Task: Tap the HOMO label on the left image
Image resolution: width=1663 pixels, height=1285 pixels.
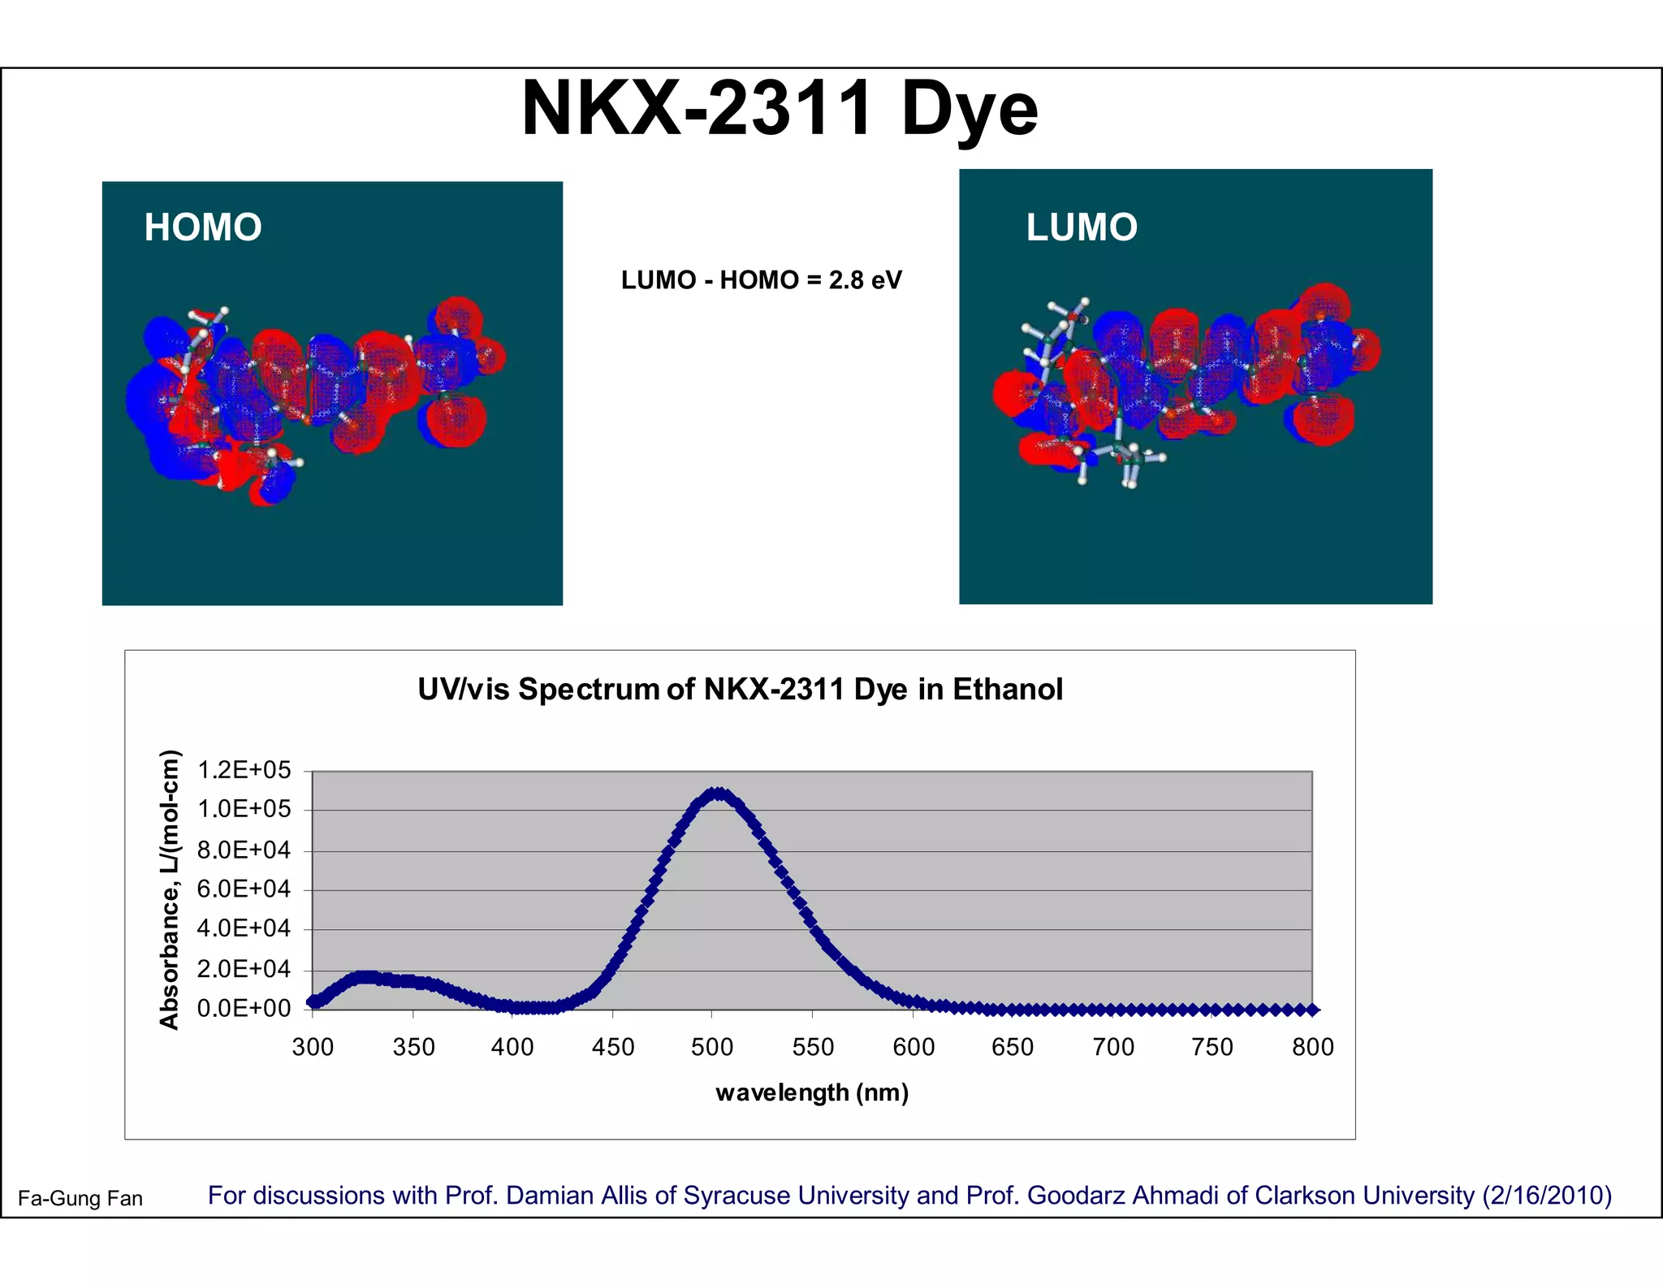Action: point(203,227)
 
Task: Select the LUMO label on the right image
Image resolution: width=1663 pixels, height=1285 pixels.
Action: point(1082,227)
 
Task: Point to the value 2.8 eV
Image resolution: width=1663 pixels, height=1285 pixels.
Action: point(865,280)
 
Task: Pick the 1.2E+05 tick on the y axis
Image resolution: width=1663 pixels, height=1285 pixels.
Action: point(244,770)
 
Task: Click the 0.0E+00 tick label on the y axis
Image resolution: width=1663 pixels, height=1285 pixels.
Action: point(244,1009)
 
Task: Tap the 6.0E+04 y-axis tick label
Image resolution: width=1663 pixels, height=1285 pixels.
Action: point(244,889)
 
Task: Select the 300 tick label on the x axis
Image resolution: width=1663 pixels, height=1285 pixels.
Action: point(313,1048)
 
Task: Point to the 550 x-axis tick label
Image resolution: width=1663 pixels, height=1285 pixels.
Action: point(813,1048)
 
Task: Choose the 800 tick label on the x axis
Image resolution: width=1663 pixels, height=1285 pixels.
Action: point(1313,1048)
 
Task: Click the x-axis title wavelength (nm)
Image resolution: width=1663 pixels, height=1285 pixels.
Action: point(812,1093)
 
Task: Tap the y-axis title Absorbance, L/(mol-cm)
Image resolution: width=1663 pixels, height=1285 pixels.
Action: point(169,889)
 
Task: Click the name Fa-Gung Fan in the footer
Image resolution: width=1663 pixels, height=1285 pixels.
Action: point(80,1199)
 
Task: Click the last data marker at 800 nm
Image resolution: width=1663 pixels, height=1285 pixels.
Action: point(1312,1010)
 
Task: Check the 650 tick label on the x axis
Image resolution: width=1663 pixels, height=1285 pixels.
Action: point(1013,1048)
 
